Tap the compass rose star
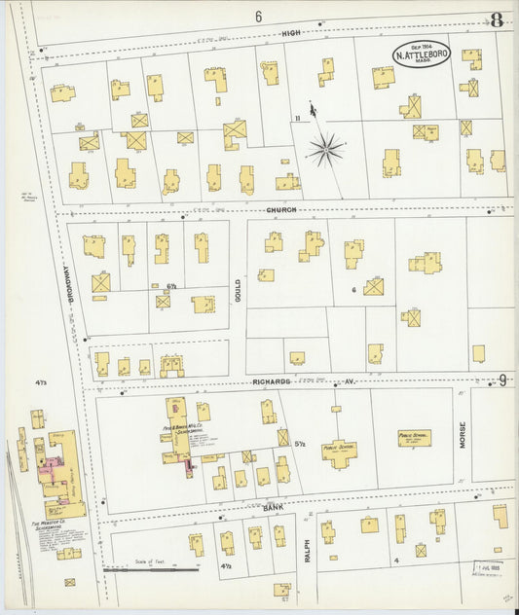[x=327, y=149]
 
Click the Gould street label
[x=237, y=289]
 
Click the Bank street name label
[x=274, y=507]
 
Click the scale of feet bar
[x=152, y=568]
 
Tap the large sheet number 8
[x=497, y=19]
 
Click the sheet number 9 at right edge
[x=502, y=380]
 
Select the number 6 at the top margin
[x=259, y=17]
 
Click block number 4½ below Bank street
[x=226, y=564]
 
